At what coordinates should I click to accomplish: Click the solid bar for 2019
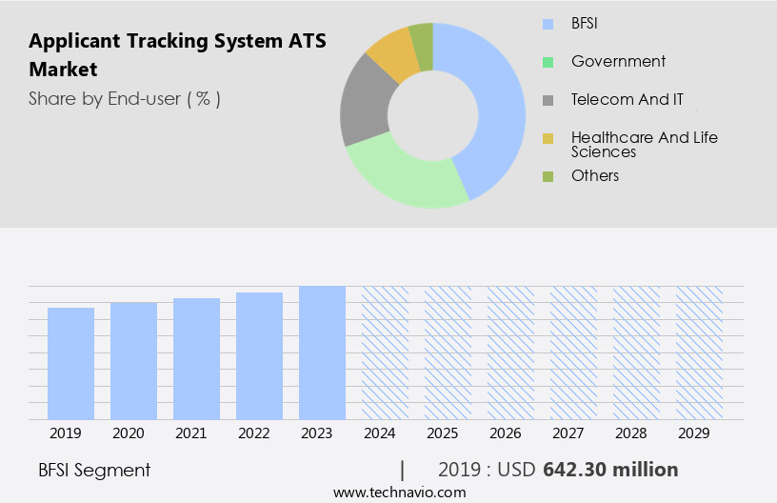(70, 363)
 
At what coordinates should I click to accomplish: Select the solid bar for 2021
(196, 358)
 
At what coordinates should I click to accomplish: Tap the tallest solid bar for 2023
(322, 352)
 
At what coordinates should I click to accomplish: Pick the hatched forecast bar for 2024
(385, 352)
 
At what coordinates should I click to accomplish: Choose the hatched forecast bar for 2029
(699, 352)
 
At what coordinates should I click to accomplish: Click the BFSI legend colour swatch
(548, 24)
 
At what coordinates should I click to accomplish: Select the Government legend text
(618, 62)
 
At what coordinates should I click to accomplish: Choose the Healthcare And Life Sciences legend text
(644, 145)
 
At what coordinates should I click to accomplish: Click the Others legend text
(595, 176)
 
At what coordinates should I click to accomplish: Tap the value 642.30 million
(610, 470)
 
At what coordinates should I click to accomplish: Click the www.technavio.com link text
(399, 492)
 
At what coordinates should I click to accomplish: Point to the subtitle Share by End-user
(124, 98)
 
